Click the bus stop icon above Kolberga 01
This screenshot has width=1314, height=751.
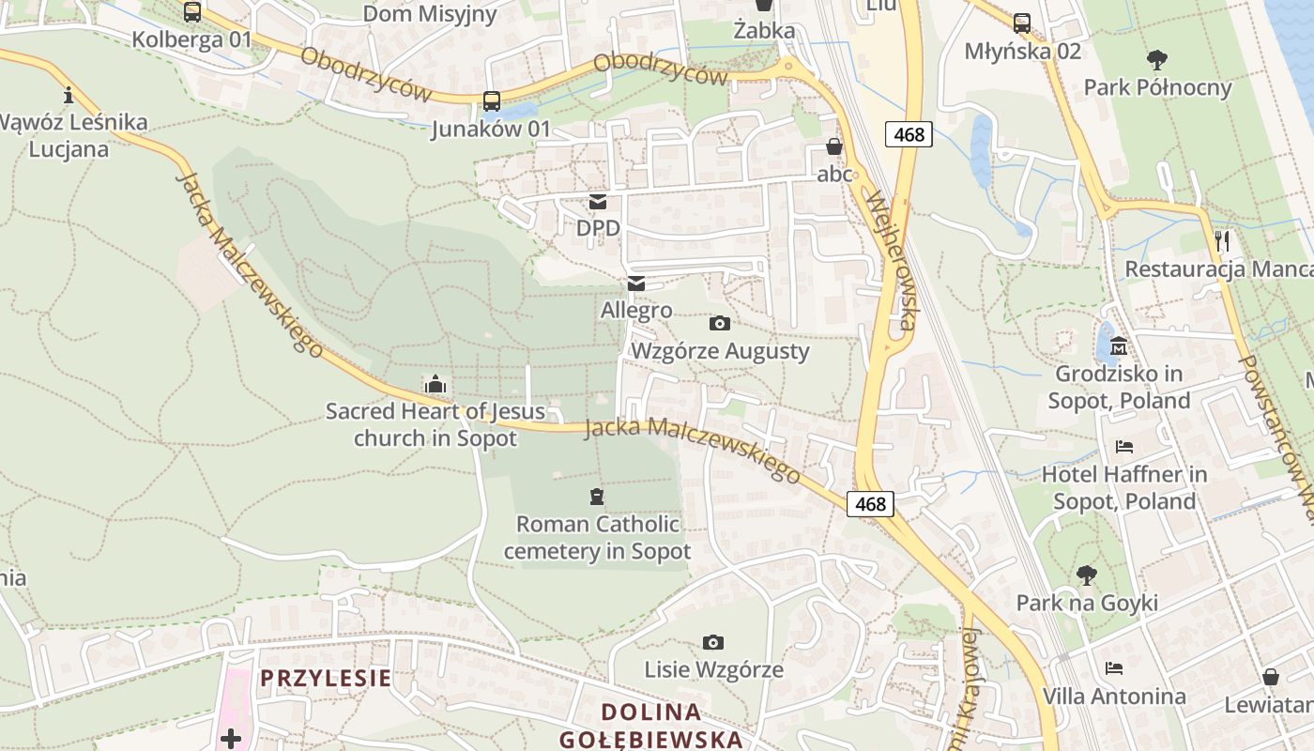click(x=191, y=12)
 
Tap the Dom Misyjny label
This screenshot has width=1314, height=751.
click(x=429, y=13)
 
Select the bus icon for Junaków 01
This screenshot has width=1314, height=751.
click(x=491, y=101)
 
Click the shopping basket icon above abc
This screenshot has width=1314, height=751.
click(x=833, y=146)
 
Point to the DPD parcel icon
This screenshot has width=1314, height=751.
click(x=597, y=202)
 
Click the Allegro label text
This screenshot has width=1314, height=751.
click(x=636, y=310)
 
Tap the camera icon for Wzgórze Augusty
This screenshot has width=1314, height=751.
click(x=720, y=324)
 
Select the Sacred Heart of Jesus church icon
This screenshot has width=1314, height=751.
click(x=435, y=384)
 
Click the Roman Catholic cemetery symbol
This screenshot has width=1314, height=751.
click(x=596, y=497)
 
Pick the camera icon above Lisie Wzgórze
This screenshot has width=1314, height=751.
click(x=713, y=643)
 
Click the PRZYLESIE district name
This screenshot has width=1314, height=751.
click(x=325, y=678)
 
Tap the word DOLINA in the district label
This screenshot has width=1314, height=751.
click(x=651, y=713)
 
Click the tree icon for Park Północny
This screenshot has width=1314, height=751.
click(x=1157, y=60)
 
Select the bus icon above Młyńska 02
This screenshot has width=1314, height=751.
click(x=1022, y=23)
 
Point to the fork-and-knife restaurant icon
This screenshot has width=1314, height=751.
click(x=1221, y=241)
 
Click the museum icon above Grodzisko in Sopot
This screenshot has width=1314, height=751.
click(x=1118, y=347)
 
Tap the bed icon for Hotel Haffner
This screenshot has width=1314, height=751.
click(x=1124, y=447)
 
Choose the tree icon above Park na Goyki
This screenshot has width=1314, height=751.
click(x=1087, y=575)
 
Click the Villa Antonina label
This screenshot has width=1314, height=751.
click(x=1114, y=697)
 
